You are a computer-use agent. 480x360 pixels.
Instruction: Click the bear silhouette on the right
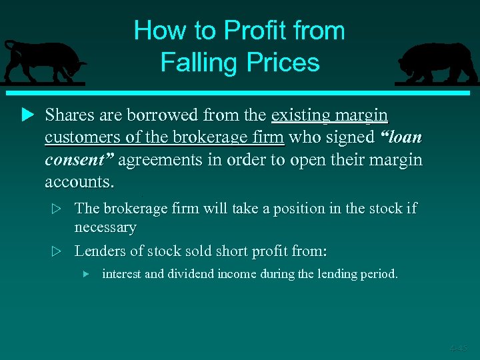click(x=436, y=63)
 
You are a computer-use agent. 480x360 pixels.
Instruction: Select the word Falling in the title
click(x=196, y=63)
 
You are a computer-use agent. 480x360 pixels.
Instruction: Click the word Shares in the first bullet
click(x=69, y=115)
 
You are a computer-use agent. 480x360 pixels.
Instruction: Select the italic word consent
click(x=79, y=159)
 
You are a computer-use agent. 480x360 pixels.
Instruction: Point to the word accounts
click(x=79, y=181)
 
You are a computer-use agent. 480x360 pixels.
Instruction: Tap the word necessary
click(x=105, y=227)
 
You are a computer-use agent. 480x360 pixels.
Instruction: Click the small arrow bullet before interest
click(x=85, y=274)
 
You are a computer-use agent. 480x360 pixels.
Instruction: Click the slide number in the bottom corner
click(x=458, y=347)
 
